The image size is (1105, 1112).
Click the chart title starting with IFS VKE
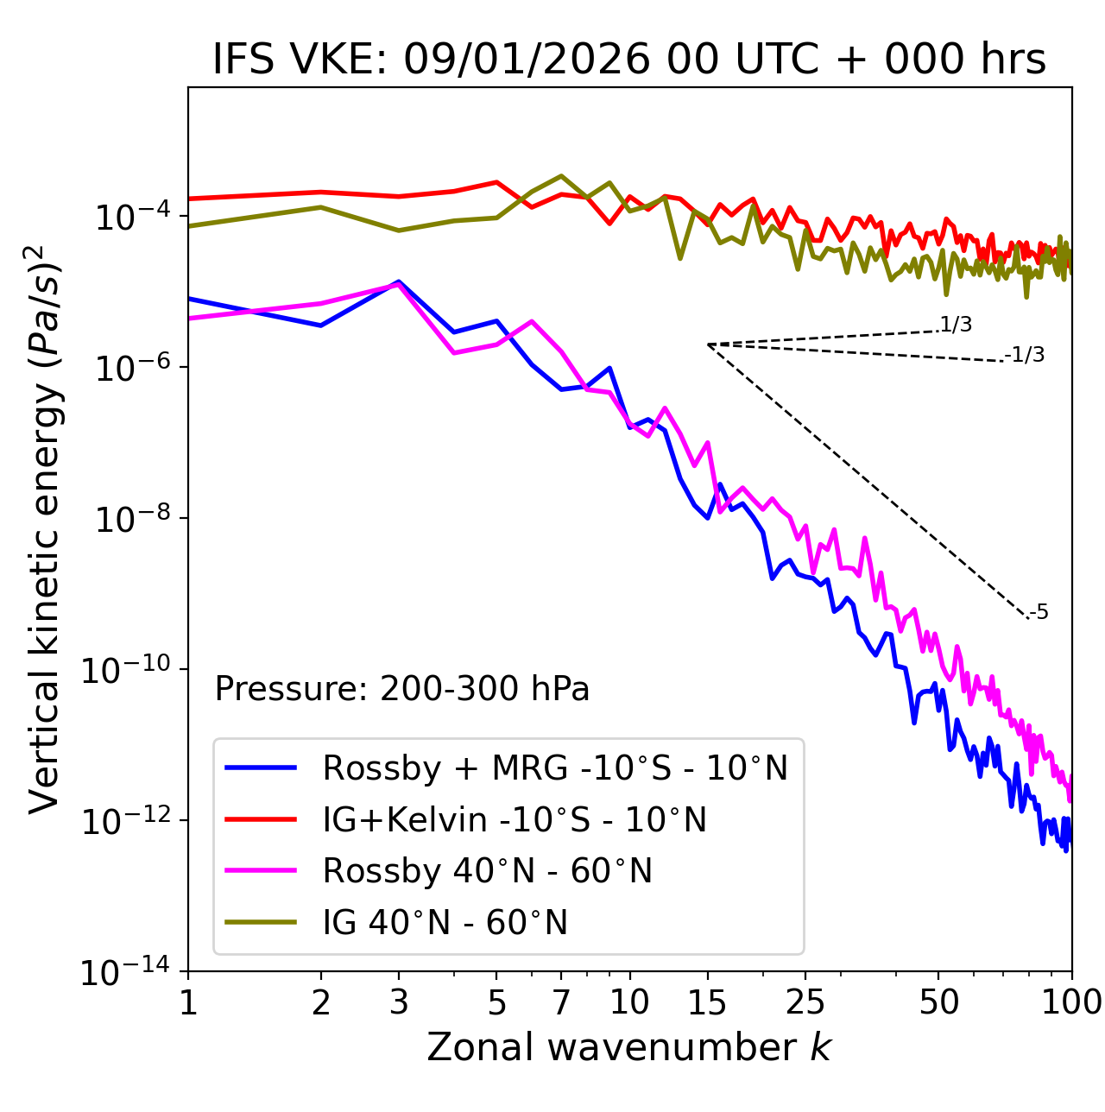[x=629, y=59]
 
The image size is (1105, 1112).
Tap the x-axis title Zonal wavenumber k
[x=629, y=1046]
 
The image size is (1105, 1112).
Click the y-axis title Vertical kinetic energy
[x=45, y=529]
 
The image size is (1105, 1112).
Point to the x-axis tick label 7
[x=561, y=1001]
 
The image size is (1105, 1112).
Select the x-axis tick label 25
[x=805, y=1001]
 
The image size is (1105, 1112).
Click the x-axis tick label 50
[x=938, y=1001]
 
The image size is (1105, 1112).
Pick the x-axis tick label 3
[x=399, y=1001]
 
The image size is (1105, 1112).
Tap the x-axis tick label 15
[x=707, y=1001]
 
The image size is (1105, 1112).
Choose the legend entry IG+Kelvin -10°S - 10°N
[x=515, y=819]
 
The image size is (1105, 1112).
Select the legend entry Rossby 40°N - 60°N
[x=487, y=871]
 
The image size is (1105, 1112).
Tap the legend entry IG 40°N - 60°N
[x=445, y=923]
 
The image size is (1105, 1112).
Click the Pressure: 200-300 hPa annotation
[x=402, y=689]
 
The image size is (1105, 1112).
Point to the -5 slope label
[x=1039, y=612]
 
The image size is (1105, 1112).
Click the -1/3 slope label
[x=1025, y=354]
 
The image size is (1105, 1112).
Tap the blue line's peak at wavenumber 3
[x=399, y=282]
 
